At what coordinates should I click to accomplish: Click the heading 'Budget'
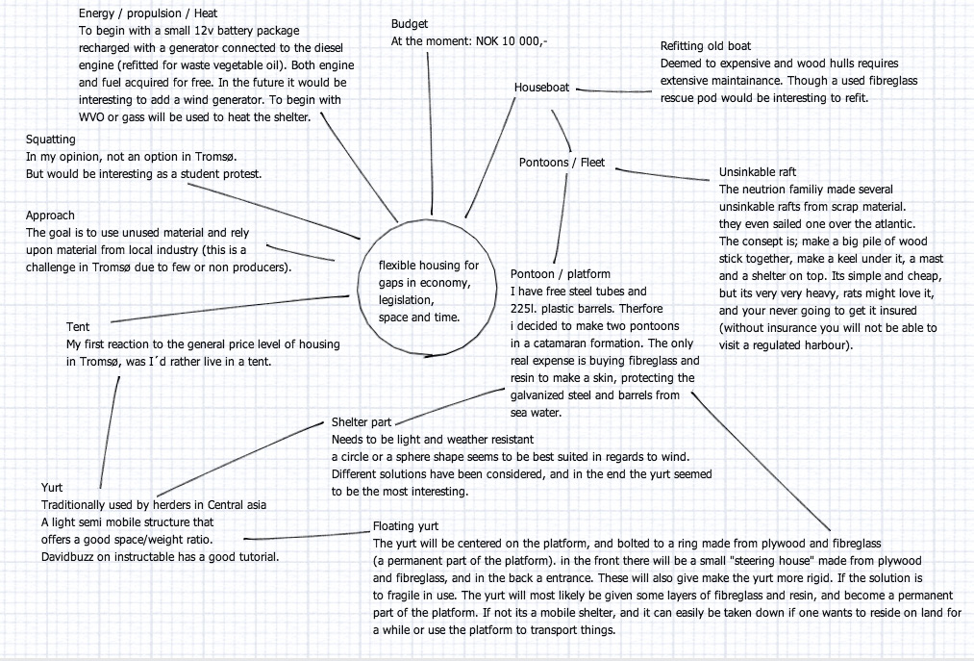point(409,24)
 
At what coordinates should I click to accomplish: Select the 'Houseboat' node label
point(541,88)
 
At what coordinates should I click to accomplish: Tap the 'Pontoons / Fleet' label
point(562,163)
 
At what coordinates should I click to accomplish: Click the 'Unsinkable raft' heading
point(758,172)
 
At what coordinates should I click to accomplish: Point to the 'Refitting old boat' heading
point(706,46)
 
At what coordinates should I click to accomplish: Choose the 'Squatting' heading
point(51,139)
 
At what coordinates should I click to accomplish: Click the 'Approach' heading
point(50,216)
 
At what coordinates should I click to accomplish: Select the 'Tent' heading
point(78,327)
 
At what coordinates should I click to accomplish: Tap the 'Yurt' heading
point(52,488)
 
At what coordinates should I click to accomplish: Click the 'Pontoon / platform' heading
point(560,274)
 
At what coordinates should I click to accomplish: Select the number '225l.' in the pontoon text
point(527,308)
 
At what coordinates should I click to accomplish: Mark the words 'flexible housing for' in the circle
point(428,265)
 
